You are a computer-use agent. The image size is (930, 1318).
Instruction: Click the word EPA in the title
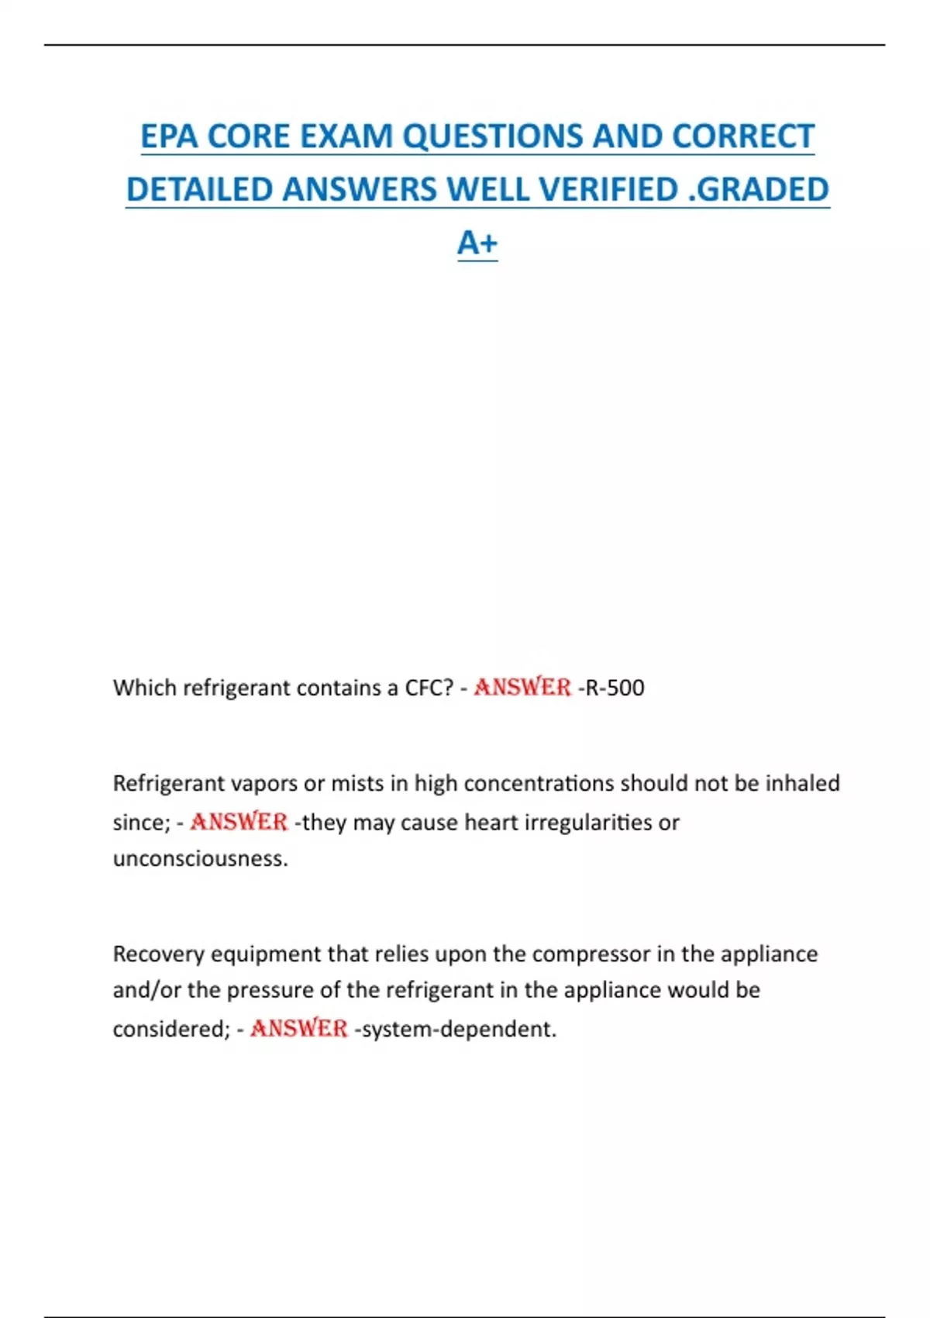[169, 136]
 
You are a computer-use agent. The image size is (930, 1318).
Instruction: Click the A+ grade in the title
[477, 243]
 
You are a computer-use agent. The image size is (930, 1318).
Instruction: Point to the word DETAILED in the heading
[198, 190]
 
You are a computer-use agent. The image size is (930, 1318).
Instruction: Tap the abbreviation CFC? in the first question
[429, 688]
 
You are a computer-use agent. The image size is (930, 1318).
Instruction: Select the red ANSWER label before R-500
[522, 688]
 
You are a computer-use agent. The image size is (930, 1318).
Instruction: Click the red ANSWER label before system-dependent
[298, 1029]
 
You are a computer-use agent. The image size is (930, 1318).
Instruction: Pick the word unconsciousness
[200, 859]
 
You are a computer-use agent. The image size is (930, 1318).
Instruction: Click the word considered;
[171, 1030]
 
